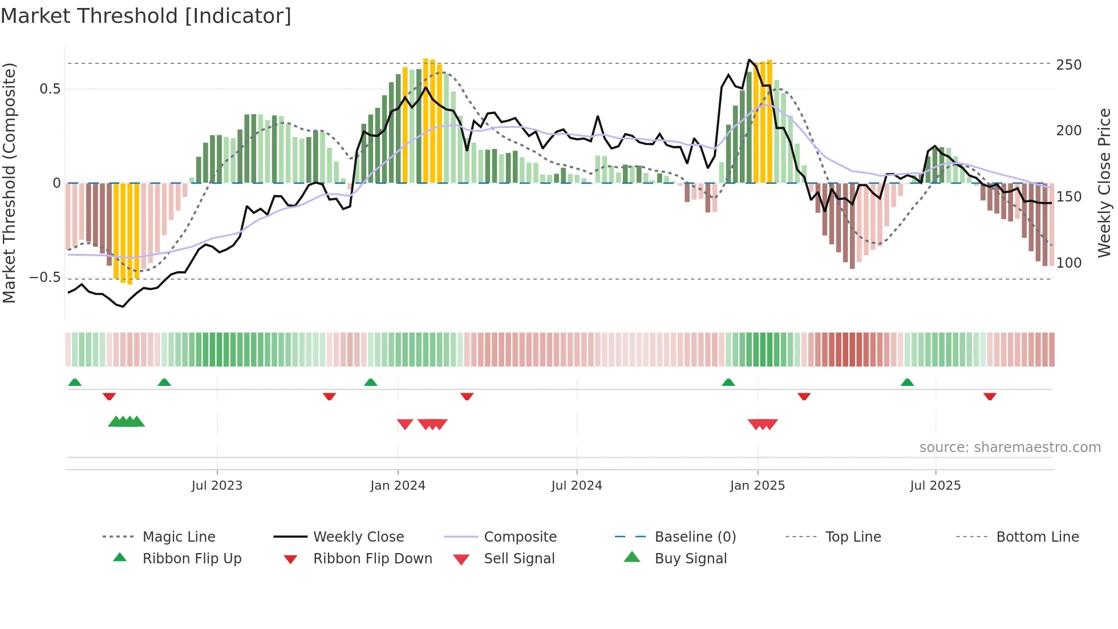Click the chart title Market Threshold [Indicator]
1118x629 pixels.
pyautogui.click(x=146, y=16)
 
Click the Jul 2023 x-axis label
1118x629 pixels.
pyautogui.click(x=217, y=486)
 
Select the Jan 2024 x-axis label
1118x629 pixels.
pyautogui.click(x=398, y=486)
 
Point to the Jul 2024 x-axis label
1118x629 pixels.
pyautogui.click(x=577, y=486)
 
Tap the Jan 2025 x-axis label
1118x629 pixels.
pyautogui.click(x=758, y=486)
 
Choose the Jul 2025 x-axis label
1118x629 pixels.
pyautogui.click(x=935, y=486)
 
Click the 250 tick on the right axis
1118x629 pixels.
pyautogui.click(x=1069, y=65)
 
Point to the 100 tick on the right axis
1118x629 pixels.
pyautogui.click(x=1069, y=263)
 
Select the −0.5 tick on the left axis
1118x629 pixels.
pyautogui.click(x=45, y=278)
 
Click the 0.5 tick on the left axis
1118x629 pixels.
pyautogui.click(x=50, y=89)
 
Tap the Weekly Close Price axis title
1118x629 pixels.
pyautogui.click(x=1105, y=183)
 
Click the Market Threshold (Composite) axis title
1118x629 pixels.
pyautogui.click(x=9, y=183)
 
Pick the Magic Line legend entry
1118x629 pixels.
pyautogui.click(x=179, y=537)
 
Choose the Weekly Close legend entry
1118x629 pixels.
pyautogui.click(x=358, y=537)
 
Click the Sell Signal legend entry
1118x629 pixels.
pyautogui.click(x=519, y=559)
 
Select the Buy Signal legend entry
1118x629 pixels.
pyautogui.click(x=690, y=559)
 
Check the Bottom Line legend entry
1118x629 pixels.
pyautogui.click(x=1037, y=537)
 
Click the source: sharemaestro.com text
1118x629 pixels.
pyautogui.click(x=1010, y=447)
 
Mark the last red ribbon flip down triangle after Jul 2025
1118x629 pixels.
pyautogui.click(x=990, y=396)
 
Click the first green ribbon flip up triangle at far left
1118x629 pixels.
pyautogui.click(x=75, y=382)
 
